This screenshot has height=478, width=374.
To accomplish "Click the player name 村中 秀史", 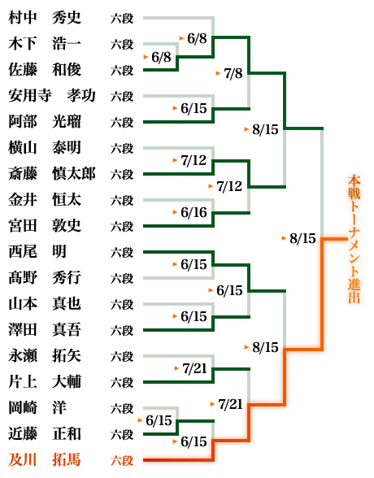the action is click(45, 18).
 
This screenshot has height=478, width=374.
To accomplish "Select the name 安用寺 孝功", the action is click(52, 96).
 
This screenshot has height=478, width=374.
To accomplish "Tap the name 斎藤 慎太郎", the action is click(52, 174).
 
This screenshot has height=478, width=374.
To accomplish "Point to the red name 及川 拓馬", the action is click(45, 460).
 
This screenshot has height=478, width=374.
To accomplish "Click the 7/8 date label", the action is click(233, 73).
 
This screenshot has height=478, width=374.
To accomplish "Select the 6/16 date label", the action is click(194, 212).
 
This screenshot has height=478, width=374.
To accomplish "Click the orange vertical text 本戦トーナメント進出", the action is click(354, 239).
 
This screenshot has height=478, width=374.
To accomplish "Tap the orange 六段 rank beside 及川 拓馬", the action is click(122, 460).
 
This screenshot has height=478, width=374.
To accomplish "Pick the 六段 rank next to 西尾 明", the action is click(122, 252).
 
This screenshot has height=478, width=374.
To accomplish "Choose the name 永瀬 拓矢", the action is click(45, 356).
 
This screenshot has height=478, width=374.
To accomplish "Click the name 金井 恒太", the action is click(45, 200).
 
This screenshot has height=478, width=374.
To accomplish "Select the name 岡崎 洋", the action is click(37, 407).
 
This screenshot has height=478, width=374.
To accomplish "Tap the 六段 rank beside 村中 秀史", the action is click(122, 18).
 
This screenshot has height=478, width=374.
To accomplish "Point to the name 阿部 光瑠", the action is click(45, 122).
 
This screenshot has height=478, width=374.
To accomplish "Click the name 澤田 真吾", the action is click(45, 329).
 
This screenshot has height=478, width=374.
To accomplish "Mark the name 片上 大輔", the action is click(45, 382).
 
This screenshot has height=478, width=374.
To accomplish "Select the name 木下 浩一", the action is click(45, 44).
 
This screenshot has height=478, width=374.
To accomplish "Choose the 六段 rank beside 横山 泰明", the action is click(122, 149).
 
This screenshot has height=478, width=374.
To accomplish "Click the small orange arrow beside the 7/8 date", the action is click(218, 73).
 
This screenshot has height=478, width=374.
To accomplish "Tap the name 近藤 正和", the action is click(45, 434).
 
